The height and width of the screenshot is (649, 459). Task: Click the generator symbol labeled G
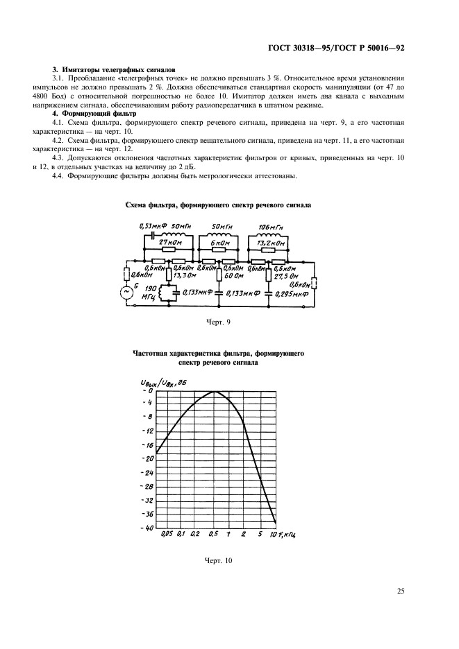128,292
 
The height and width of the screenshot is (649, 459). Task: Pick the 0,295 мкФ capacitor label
292,293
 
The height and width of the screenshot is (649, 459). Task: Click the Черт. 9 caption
219,322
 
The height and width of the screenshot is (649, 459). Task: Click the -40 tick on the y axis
147,528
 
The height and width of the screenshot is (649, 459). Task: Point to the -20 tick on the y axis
147,458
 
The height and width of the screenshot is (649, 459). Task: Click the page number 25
401,591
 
